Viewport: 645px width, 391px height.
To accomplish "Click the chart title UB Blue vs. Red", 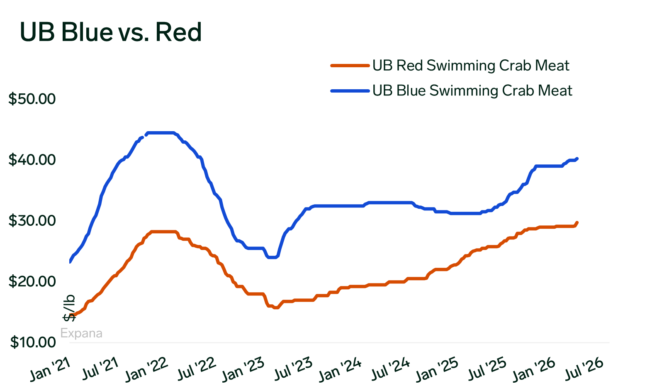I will [111, 32].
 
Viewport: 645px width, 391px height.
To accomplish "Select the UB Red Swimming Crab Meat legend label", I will [471, 66].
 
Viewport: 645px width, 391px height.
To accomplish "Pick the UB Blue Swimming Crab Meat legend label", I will [472, 90].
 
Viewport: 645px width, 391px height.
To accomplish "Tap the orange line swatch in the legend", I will [350, 66].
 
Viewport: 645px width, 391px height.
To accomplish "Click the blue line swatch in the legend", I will [350, 90].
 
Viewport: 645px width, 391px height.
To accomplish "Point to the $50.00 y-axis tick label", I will [32, 99].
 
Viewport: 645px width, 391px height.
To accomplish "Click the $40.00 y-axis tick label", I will [32, 160].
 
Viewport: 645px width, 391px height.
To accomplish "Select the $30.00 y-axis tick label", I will [32, 220].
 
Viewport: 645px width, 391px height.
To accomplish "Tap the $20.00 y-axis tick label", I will [32, 281].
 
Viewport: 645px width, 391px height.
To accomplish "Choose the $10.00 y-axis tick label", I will [32, 342].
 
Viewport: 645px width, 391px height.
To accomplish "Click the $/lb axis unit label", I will [69, 308].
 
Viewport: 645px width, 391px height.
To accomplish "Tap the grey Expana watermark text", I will [81, 333].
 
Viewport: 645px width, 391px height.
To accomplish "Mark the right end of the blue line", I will [577, 159].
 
